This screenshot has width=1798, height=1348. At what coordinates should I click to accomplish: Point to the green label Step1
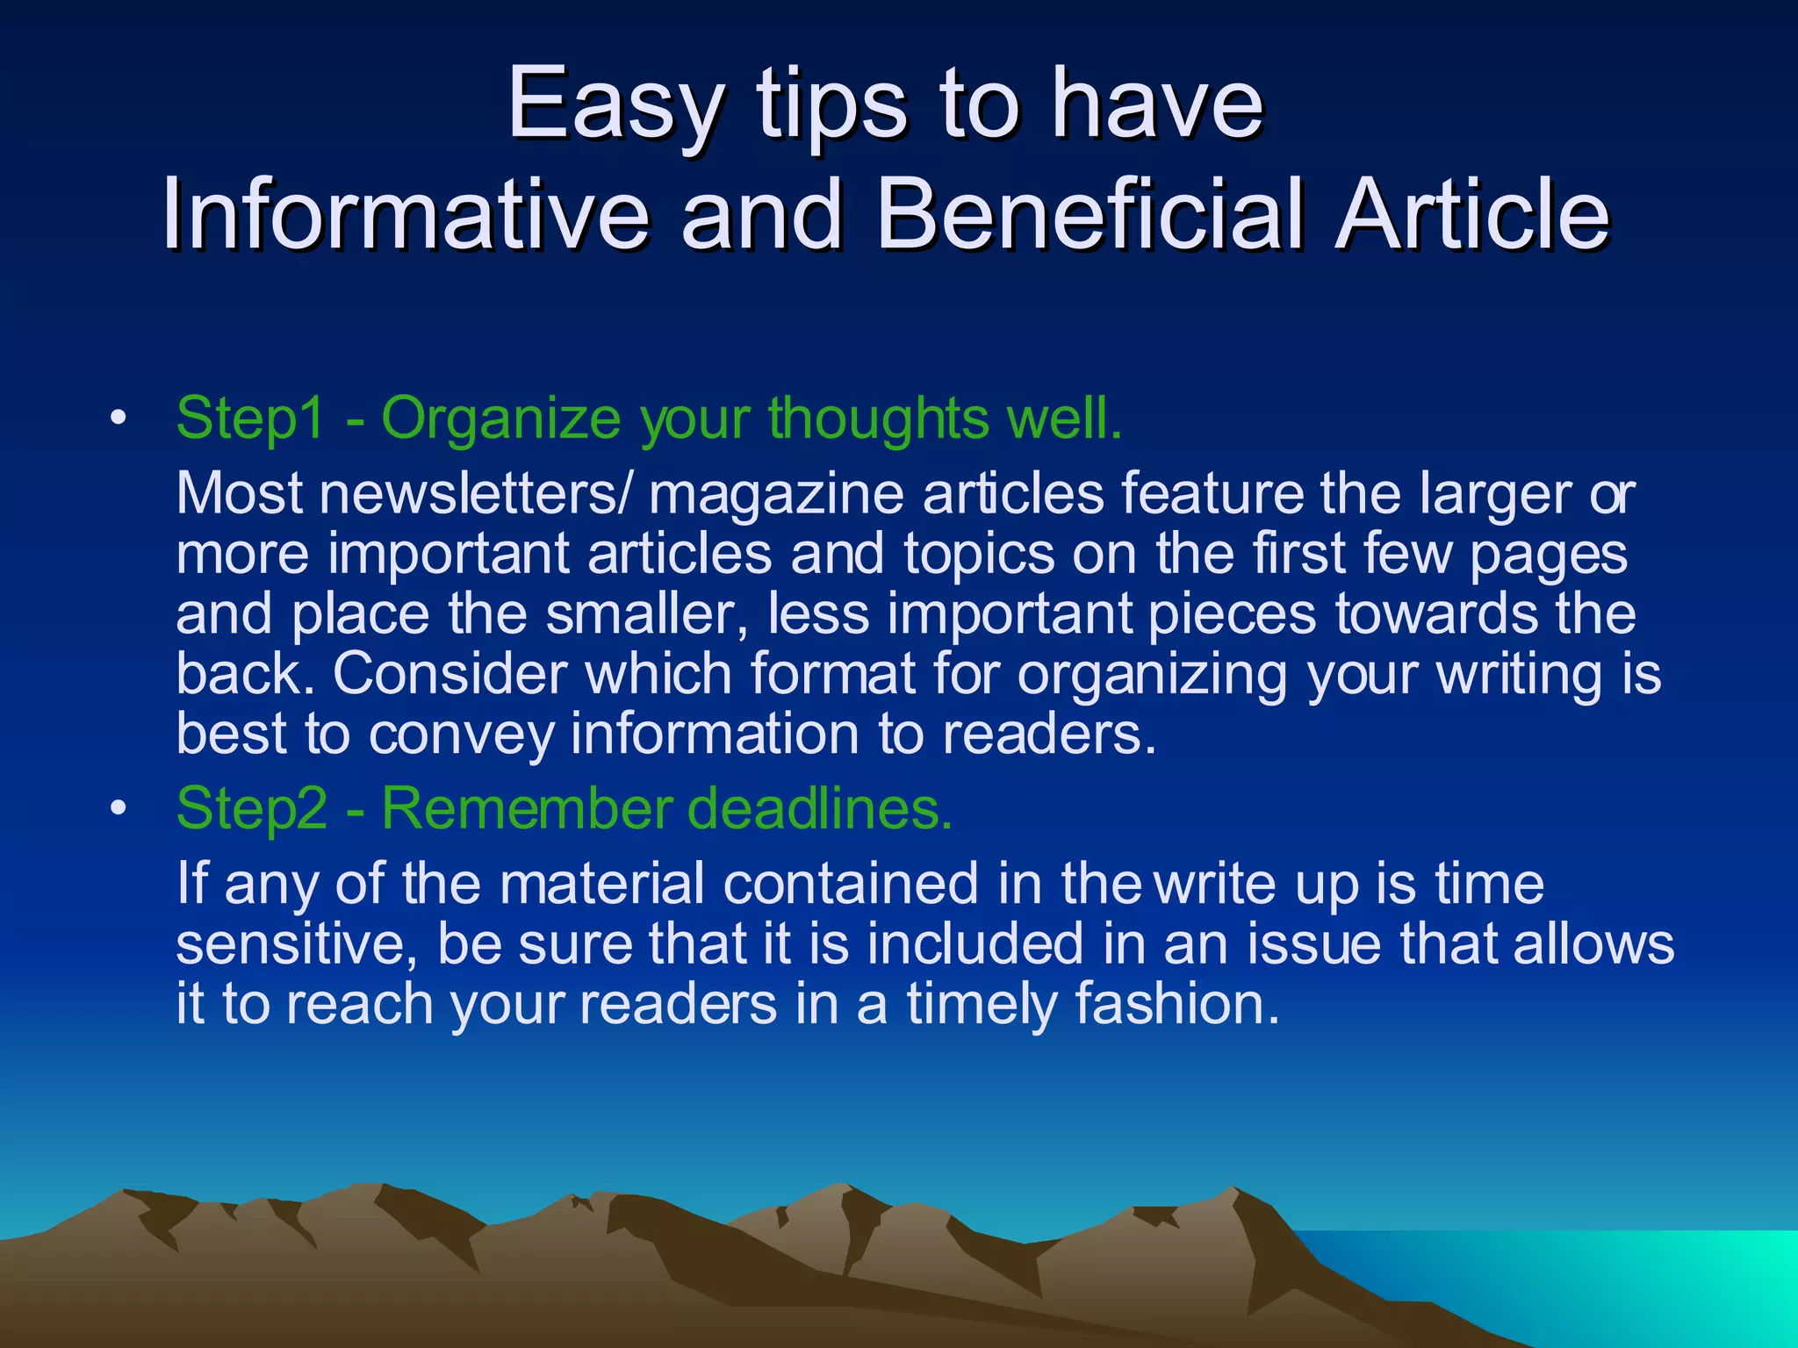click(x=251, y=418)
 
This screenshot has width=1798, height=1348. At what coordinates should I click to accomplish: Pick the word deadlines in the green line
click(x=820, y=807)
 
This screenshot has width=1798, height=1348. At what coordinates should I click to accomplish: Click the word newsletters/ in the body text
click(x=475, y=494)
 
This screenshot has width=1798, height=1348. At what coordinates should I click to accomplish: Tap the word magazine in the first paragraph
click(x=776, y=494)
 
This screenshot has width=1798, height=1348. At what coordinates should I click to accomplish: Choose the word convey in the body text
click(x=461, y=734)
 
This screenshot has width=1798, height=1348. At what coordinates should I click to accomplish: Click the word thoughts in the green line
click(x=879, y=418)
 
